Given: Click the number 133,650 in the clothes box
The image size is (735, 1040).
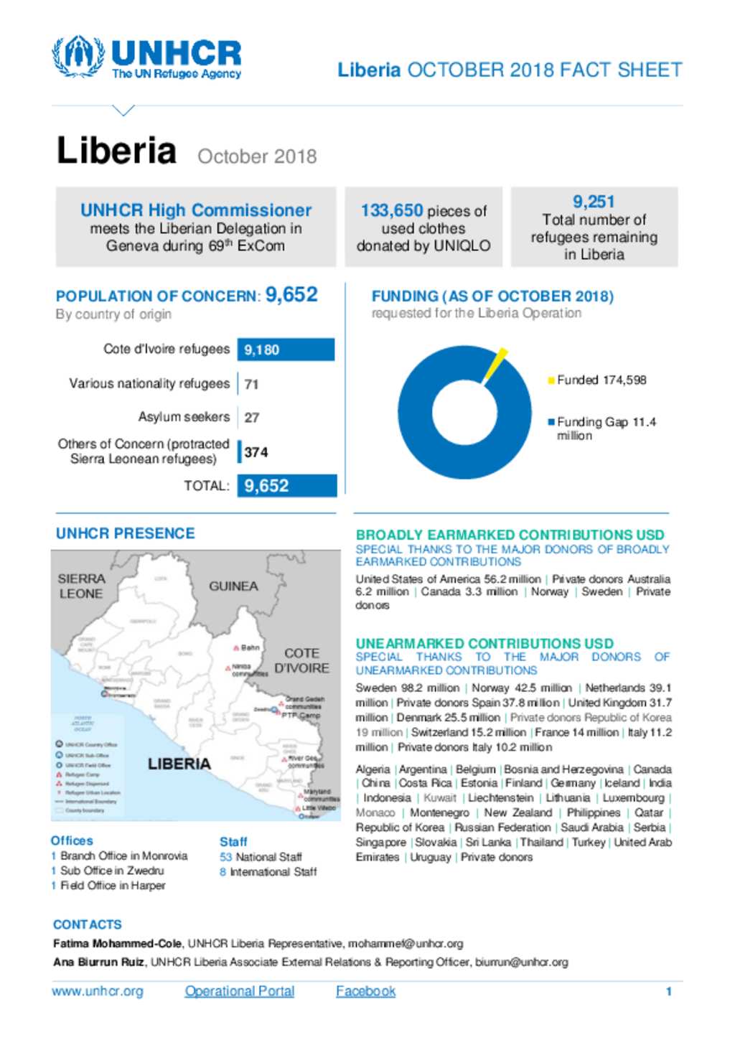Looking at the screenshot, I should [x=391, y=210].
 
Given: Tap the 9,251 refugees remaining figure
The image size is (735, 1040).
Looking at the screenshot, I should [x=593, y=202].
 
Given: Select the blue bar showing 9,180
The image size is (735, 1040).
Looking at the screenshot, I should [x=286, y=350].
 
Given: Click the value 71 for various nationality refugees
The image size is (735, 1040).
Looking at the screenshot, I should [x=251, y=384].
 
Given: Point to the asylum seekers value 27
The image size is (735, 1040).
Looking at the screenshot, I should [x=251, y=418].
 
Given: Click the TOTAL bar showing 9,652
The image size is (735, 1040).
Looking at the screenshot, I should [x=286, y=486].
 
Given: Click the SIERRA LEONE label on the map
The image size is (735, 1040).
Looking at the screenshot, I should [x=81, y=586].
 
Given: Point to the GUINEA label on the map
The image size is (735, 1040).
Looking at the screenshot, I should [x=233, y=586].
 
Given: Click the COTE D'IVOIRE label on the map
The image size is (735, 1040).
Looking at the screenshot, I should [x=301, y=660].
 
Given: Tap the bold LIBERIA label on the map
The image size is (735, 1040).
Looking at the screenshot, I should [x=179, y=764].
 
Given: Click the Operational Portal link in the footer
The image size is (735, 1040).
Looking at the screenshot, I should [x=240, y=991].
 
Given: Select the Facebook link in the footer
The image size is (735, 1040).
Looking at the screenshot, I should [x=365, y=991].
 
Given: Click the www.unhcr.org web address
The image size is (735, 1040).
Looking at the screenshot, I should [x=98, y=991].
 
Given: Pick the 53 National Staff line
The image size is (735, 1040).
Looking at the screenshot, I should [x=261, y=857].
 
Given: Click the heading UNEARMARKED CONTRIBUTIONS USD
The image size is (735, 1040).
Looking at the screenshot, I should [x=484, y=643].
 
